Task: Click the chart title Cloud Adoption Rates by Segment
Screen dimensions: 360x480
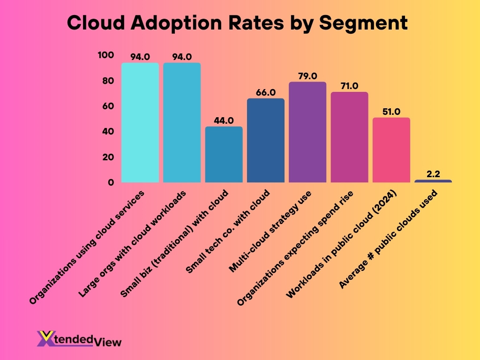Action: tap(237, 22)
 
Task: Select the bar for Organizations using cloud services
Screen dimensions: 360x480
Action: tap(140, 122)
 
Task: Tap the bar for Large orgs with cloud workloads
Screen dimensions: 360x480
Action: tap(182, 122)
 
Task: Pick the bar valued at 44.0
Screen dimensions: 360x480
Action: tap(224, 154)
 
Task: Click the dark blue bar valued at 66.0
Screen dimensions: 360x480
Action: tap(265, 140)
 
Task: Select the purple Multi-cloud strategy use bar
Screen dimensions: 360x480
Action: tap(307, 132)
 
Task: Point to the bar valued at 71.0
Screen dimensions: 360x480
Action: tap(349, 137)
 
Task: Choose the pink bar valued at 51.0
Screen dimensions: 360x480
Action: tap(391, 150)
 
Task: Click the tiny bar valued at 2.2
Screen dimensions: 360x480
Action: tap(433, 181)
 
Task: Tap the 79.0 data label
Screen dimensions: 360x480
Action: tap(307, 76)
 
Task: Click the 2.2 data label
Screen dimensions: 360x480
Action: tap(433, 174)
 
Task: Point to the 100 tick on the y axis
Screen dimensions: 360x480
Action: tap(105, 55)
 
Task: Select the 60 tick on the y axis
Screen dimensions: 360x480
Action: tap(108, 106)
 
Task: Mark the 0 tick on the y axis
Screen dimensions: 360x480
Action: tap(111, 182)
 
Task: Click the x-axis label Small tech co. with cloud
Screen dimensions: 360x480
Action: tap(229, 232)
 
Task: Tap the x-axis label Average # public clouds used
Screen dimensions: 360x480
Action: tap(389, 239)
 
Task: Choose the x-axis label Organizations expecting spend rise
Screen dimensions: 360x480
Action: tap(296, 248)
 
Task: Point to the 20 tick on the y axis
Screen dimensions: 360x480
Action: tap(108, 157)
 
